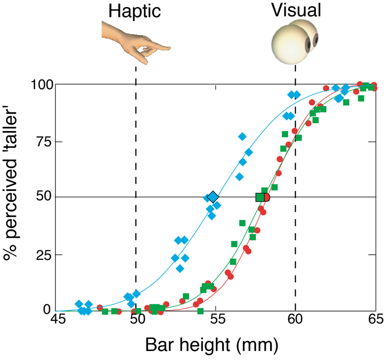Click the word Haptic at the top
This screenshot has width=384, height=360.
point(135,11)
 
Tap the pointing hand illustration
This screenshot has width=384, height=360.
point(134,40)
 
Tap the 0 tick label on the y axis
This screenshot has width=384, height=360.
point(46,310)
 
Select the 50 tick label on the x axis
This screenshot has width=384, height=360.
point(137,324)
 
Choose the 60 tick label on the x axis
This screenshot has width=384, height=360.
point(296,324)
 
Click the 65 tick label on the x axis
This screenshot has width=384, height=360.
point(374,324)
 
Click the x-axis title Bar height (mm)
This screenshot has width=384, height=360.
point(213,346)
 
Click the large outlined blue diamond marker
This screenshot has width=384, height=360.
point(213,197)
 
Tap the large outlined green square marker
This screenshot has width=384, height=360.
point(260,197)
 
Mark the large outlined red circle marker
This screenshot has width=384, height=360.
point(267,197)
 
